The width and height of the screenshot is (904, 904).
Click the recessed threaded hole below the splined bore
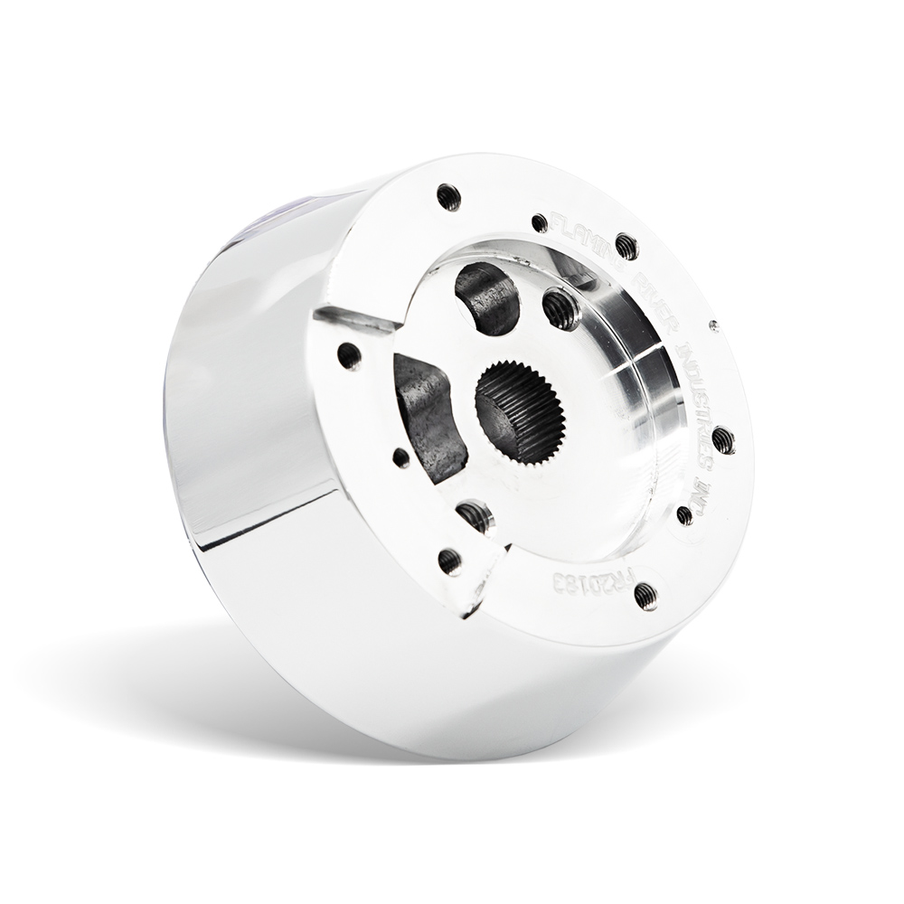pyautogui.click(x=476, y=516)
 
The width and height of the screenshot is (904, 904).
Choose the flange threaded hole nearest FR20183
pyautogui.click(x=645, y=594)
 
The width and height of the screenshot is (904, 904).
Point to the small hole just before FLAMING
pyautogui.click(x=540, y=221)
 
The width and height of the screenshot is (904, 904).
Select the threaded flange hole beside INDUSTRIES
pyautogui.click(x=722, y=440)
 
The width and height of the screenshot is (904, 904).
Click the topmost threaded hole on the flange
pyautogui.click(x=447, y=194)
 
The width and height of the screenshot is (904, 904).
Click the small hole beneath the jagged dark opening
pyautogui.click(x=400, y=457)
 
